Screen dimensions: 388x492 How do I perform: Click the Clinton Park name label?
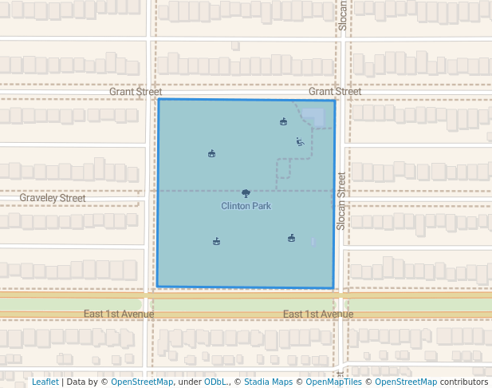(246, 206)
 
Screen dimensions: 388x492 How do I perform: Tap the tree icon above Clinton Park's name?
(246, 193)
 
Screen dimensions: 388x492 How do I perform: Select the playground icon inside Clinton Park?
(300, 142)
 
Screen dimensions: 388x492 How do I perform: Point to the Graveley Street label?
(53, 198)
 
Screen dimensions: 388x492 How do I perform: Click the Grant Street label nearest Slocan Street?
(335, 92)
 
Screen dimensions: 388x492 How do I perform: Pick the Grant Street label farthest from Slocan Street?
(136, 92)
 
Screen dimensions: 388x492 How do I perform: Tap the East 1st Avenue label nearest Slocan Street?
(318, 314)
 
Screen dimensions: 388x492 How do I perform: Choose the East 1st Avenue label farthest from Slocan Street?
(119, 314)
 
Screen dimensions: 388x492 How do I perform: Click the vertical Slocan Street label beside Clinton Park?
(341, 202)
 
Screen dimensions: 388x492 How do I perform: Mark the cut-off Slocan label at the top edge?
(343, 14)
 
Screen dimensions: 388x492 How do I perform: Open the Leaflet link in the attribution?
(45, 382)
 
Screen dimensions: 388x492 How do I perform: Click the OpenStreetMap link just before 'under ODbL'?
(142, 382)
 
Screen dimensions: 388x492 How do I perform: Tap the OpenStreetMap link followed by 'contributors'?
(406, 382)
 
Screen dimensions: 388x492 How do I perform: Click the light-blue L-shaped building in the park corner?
(314, 117)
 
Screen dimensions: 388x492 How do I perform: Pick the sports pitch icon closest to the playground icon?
(283, 121)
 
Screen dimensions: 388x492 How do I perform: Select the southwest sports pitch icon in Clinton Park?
(216, 241)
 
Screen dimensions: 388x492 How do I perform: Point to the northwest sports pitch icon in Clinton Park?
(211, 153)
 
